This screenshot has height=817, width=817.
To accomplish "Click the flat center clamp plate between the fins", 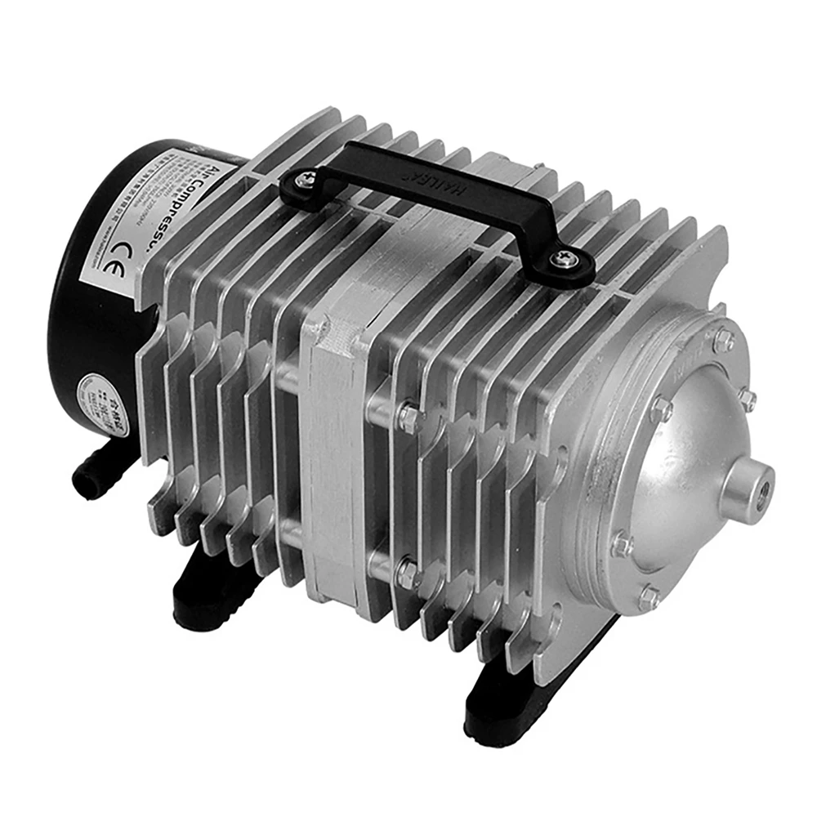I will coord(331,458).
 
